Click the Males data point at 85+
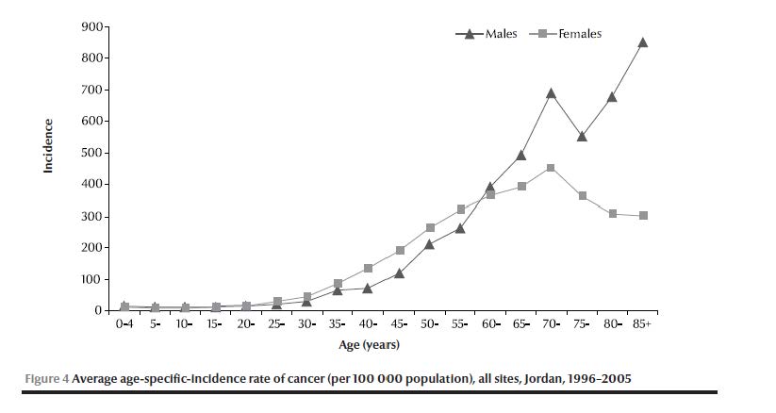[x=642, y=42]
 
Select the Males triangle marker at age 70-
[x=551, y=93]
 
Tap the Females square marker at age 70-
[x=551, y=169]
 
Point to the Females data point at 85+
[x=642, y=216]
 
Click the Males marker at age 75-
[x=582, y=136]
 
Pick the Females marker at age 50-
[x=430, y=227]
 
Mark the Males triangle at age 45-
[x=399, y=273]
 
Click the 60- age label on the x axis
[x=490, y=323]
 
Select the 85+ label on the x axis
[x=642, y=323]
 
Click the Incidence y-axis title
[x=48, y=145]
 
